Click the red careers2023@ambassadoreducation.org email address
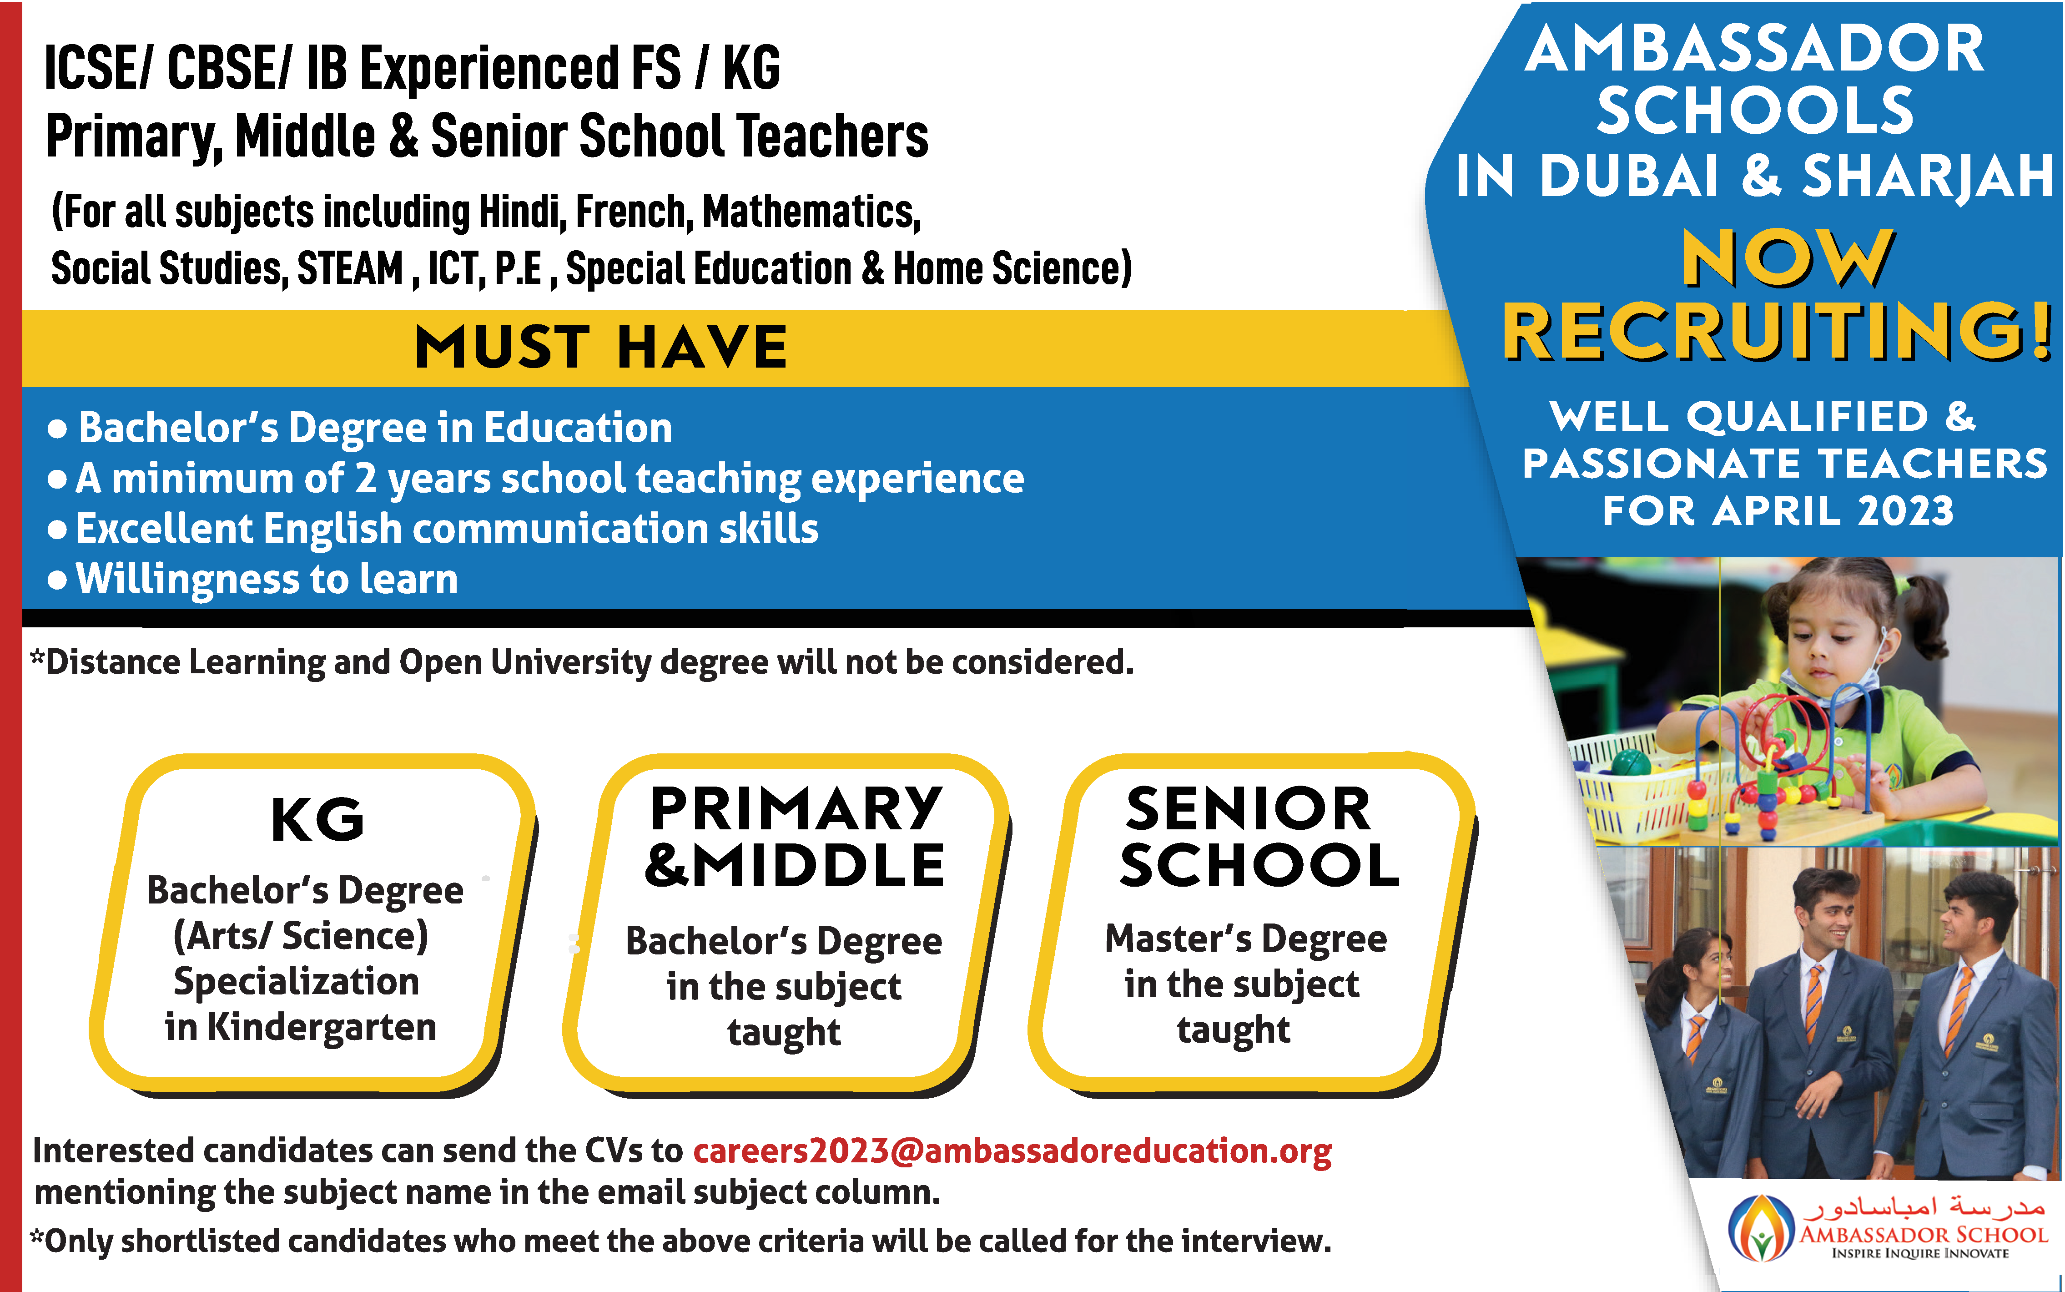click(x=1012, y=1151)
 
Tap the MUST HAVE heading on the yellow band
click(x=601, y=347)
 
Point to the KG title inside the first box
click(x=318, y=819)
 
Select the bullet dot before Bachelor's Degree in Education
click(x=57, y=429)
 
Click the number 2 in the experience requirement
click(x=366, y=479)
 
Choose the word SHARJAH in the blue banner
click(x=1928, y=176)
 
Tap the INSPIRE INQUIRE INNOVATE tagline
click(x=1920, y=1253)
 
